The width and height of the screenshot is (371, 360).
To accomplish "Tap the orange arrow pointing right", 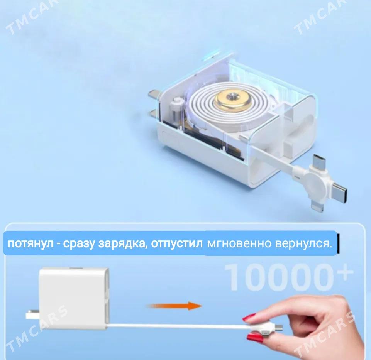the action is (174, 306).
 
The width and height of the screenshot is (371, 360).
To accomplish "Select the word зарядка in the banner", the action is (122, 243).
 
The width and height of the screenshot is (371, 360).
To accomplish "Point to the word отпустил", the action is (177, 243).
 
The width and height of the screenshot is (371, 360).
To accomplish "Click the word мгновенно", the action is (239, 243).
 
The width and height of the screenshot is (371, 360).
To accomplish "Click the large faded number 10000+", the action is (289, 277).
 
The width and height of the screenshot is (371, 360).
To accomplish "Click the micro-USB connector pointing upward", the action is (318, 162).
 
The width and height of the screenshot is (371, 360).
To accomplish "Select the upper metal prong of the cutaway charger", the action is (155, 95).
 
